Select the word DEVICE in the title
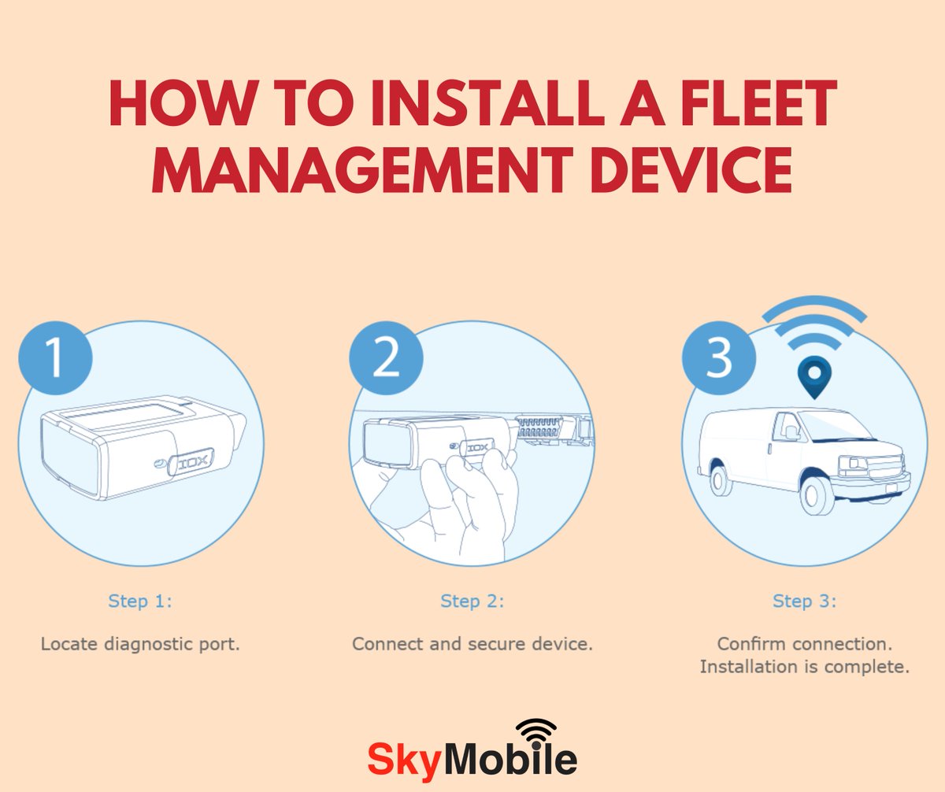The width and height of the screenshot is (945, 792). [691, 170]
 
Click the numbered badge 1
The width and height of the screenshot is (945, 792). [55, 357]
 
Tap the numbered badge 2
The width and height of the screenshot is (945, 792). [386, 357]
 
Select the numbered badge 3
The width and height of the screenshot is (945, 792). [719, 357]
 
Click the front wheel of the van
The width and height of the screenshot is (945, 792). [816, 494]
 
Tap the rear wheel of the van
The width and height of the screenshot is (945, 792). [720, 480]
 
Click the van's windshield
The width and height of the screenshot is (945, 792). [835, 426]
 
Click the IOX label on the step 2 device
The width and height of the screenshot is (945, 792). [476, 448]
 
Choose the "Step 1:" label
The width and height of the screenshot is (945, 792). [140, 601]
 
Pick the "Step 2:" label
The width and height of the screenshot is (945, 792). [472, 601]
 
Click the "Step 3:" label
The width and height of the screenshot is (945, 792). [804, 601]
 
